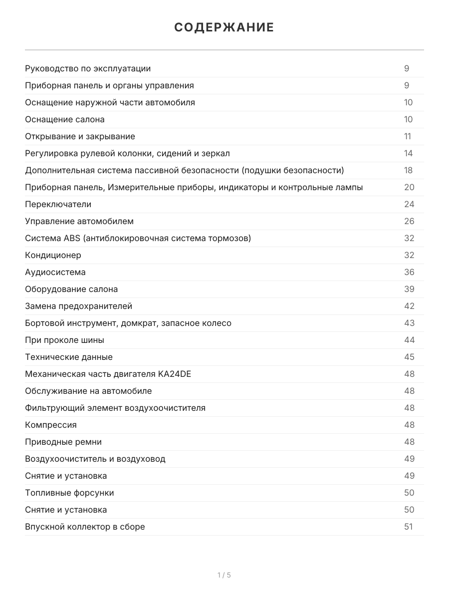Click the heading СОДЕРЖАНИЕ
[224, 27]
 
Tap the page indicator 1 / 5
[224, 575]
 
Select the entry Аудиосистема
[55, 272]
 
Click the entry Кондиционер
[53, 255]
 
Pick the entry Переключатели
[58, 204]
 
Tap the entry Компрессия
[51, 425]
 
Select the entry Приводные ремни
[63, 442]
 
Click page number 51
[409, 527]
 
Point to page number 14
[409, 153]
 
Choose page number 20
[409, 187]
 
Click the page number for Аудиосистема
[409, 272]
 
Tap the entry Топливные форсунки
[69, 493]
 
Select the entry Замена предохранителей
[78, 306]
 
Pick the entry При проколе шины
[64, 340]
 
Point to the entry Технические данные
[69, 357]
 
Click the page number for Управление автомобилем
[409, 221]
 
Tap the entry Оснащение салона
[65, 119]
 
